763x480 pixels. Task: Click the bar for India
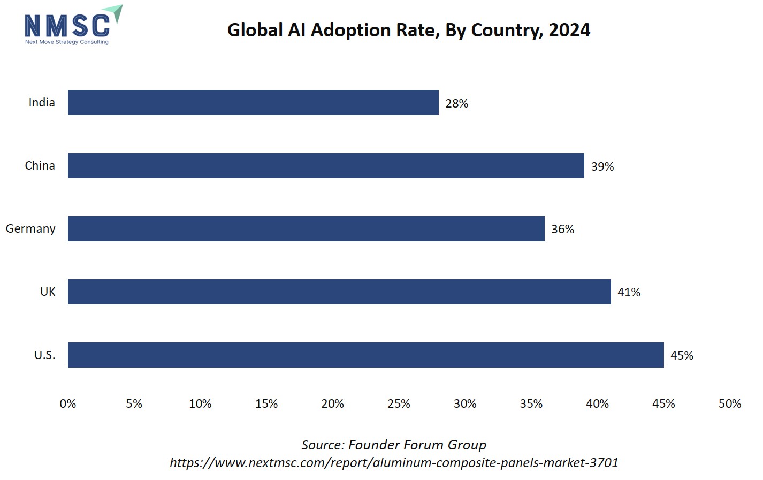tap(253, 102)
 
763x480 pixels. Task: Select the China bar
tap(326, 165)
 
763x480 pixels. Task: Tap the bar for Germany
tap(306, 228)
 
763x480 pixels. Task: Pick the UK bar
tap(339, 292)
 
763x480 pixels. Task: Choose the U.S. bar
tap(365, 355)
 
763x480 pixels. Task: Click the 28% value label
tap(456, 103)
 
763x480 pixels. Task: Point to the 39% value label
tap(602, 166)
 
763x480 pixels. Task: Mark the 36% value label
tap(562, 229)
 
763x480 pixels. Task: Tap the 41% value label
tap(629, 292)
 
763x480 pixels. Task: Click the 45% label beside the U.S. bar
tap(682, 355)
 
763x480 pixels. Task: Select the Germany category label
tap(30, 228)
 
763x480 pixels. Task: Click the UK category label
tap(48, 292)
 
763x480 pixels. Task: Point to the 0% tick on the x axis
tap(68, 403)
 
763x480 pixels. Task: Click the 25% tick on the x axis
tap(399, 403)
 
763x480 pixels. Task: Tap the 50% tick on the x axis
tap(729, 403)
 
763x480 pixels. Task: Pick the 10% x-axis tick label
tap(200, 403)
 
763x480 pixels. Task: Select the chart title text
tap(408, 30)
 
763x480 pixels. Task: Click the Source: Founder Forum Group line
tap(394, 445)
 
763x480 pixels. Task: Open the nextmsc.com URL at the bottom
tap(394, 462)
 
